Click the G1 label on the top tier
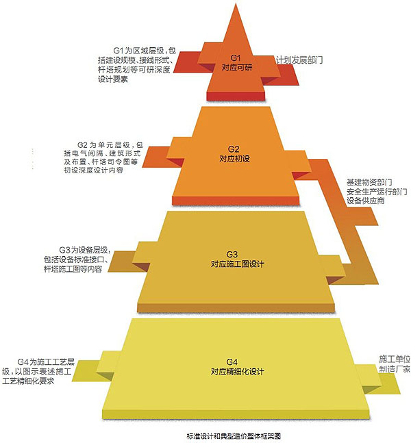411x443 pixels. [236, 58]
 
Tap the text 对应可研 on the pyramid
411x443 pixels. [237, 68]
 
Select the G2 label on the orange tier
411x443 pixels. [234, 149]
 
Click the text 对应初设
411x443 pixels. [235, 158]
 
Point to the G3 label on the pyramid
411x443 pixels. [232, 254]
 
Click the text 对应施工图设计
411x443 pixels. [237, 264]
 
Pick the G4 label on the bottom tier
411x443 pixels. [232, 362]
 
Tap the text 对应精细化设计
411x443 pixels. [237, 372]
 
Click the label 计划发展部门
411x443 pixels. [299, 60]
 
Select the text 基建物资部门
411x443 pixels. [369, 182]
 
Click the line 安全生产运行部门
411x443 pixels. [377, 192]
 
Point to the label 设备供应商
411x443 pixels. [366, 201]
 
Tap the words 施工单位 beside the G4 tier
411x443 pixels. [395, 359]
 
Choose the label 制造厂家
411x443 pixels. [395, 369]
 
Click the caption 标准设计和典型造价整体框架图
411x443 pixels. [234, 436]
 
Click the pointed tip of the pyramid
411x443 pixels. [236, 3]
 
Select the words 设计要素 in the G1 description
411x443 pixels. [113, 79]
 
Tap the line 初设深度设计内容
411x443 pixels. [94, 170]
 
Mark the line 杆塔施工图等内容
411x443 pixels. [73, 269]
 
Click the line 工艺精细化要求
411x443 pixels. [28, 381]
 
